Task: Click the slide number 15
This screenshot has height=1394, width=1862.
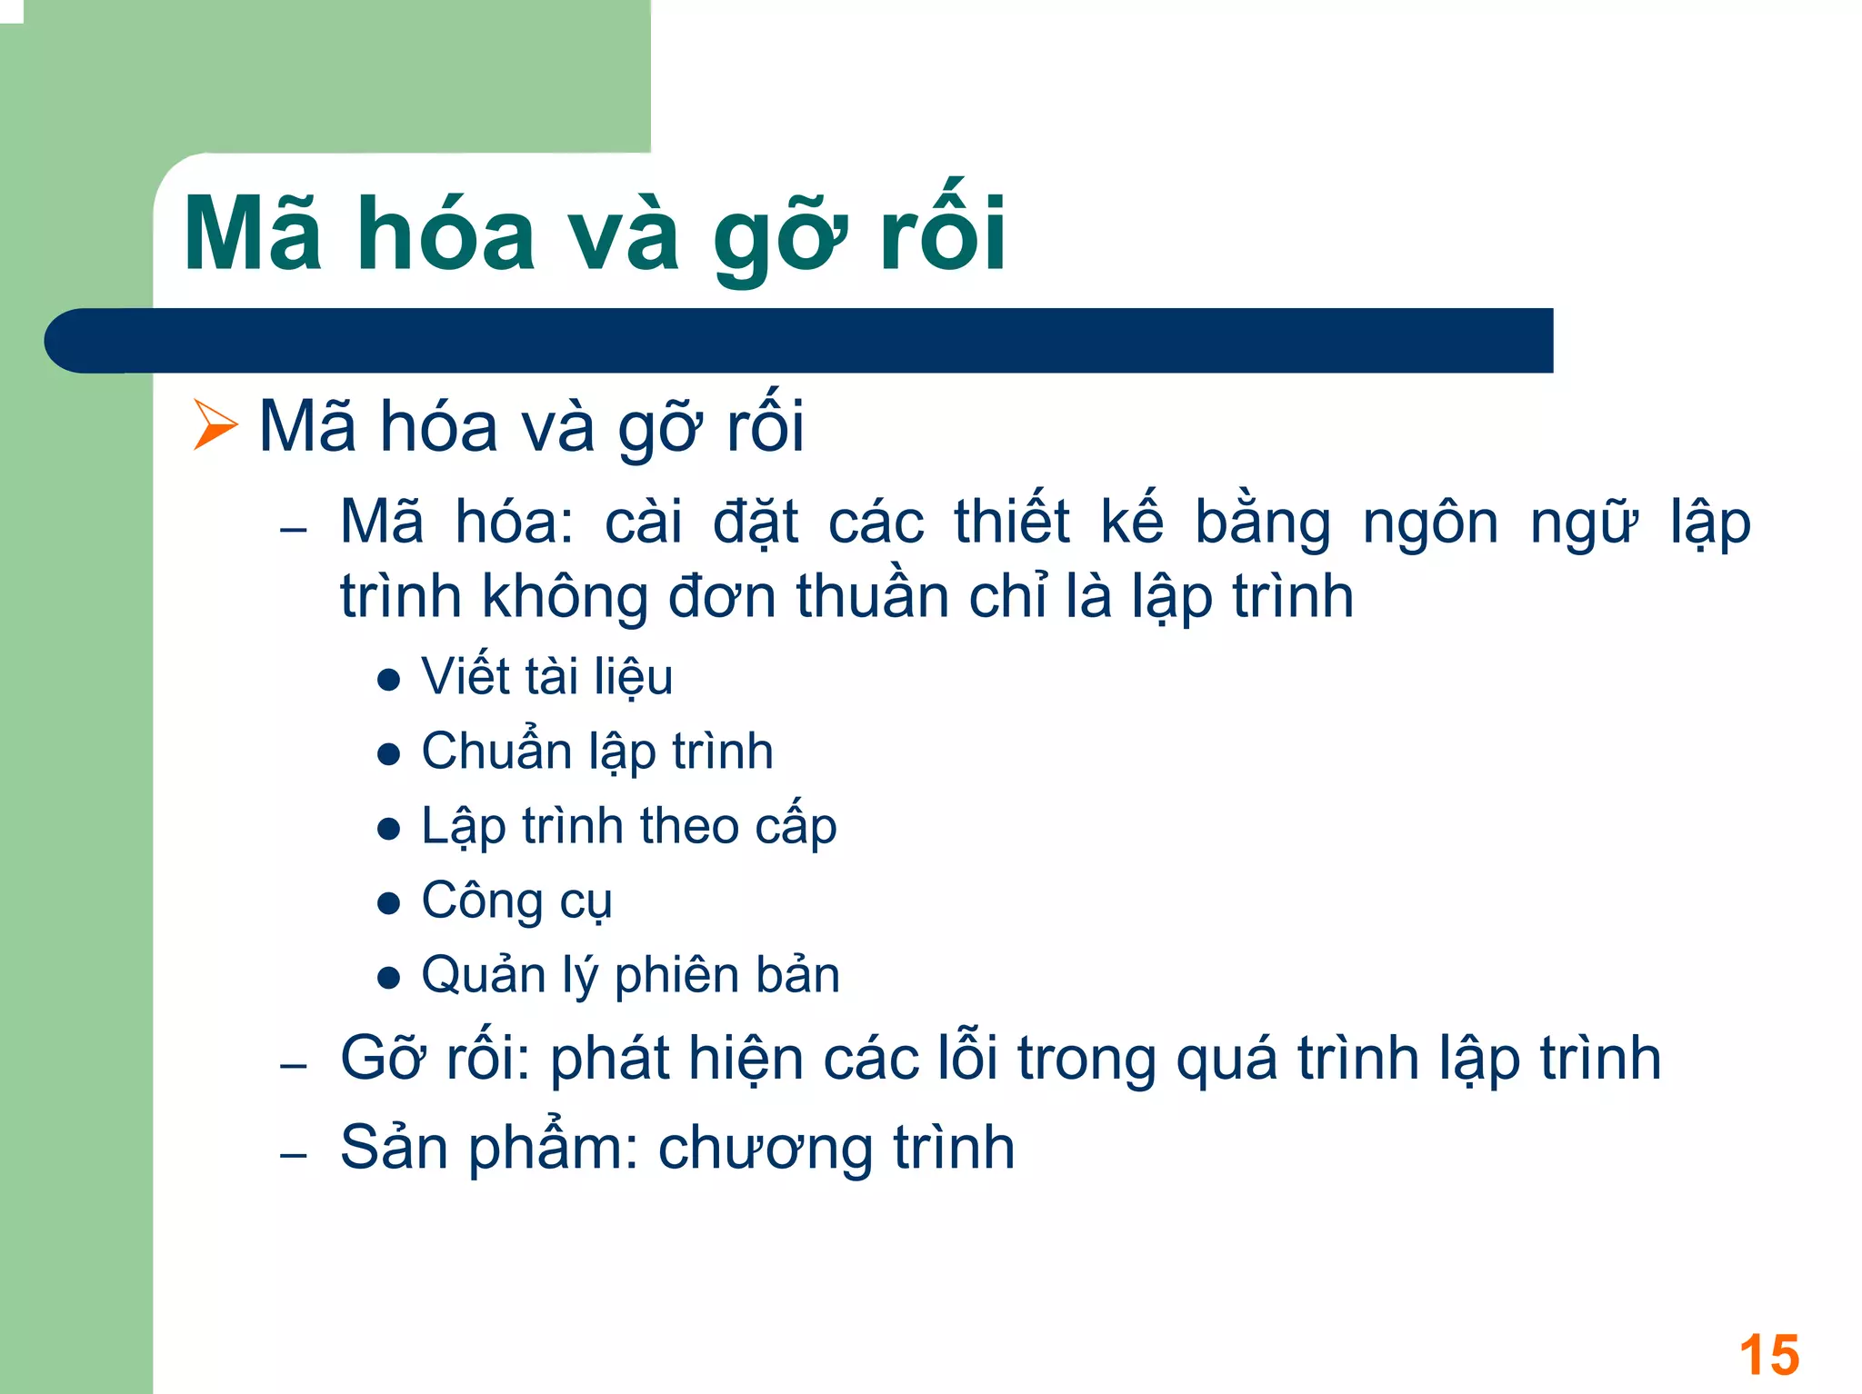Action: (1768, 1356)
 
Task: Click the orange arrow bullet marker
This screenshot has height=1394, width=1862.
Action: (215, 424)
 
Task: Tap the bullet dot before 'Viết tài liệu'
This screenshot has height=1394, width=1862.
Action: (389, 680)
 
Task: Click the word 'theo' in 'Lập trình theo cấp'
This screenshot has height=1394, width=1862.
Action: (689, 827)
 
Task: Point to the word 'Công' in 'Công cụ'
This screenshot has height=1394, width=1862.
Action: (482, 901)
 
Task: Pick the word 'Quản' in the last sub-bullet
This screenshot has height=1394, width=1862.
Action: (483, 975)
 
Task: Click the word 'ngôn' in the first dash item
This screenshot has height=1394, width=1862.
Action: (1430, 524)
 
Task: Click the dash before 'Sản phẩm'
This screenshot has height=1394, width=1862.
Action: (294, 1155)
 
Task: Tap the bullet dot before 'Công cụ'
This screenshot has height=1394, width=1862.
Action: (389, 903)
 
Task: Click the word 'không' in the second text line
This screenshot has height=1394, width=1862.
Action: (565, 598)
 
